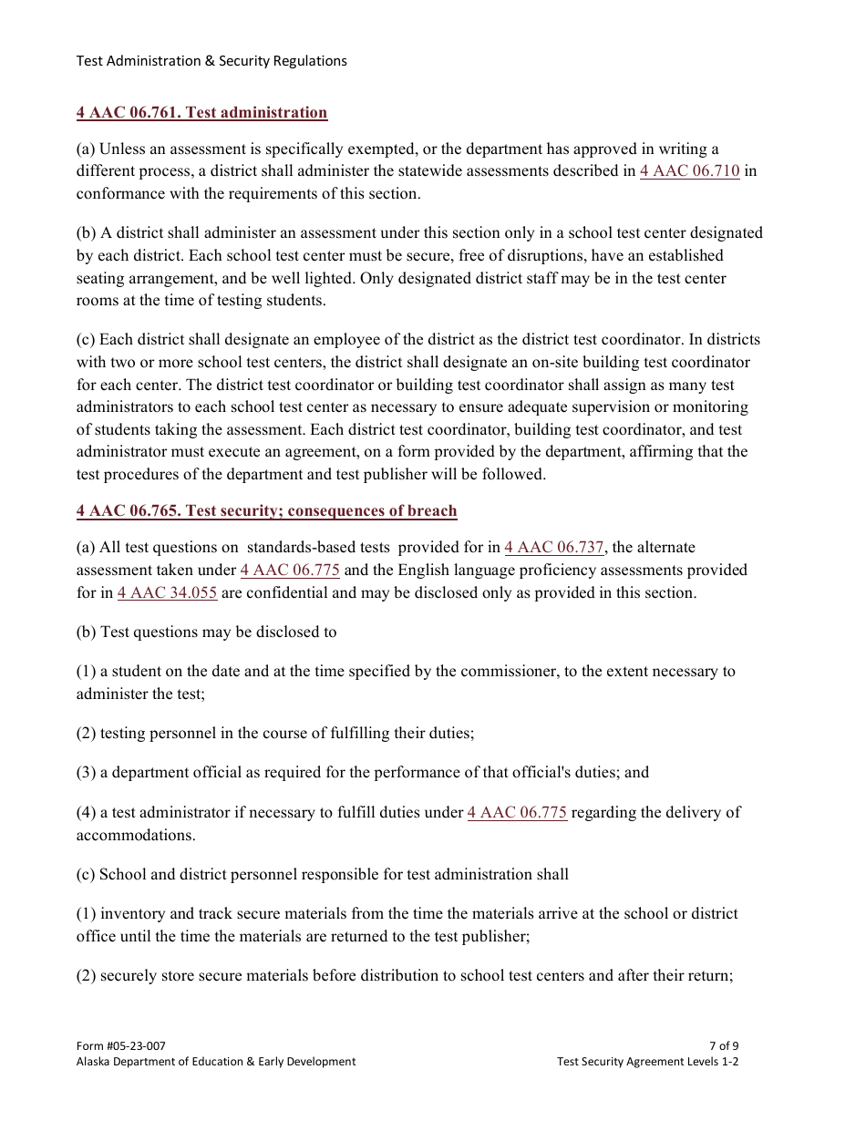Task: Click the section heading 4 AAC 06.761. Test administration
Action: coord(201,113)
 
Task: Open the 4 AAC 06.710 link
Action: coord(689,171)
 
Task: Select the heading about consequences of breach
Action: coord(266,511)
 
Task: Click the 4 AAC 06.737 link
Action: coord(553,548)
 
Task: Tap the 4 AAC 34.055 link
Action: coord(167,593)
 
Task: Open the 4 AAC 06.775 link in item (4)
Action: coord(517,813)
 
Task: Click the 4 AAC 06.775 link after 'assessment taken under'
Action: coord(290,571)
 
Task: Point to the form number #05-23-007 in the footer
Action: coord(121,1046)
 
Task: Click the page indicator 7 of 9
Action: coord(723,1046)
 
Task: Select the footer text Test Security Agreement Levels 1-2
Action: coord(647,1062)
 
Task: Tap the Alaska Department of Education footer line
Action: coord(216,1062)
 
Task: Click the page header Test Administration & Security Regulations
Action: coord(211,61)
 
